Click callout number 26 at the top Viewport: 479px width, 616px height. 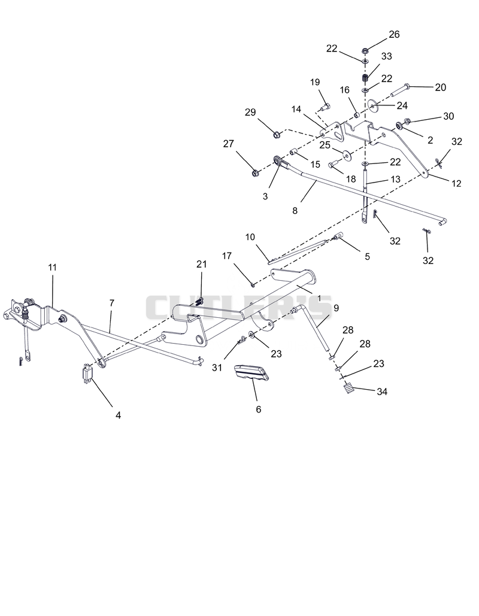pos(394,35)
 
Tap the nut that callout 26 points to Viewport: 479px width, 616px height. pos(365,51)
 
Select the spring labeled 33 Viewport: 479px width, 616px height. pos(365,77)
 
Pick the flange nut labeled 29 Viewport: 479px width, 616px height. pos(277,135)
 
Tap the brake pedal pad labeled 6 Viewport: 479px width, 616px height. pos(251,372)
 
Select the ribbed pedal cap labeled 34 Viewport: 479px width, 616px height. pos(348,389)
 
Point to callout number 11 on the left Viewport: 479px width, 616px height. pos(52,268)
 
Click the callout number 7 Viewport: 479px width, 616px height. pos(112,304)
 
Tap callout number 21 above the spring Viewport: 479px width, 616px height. pos(202,265)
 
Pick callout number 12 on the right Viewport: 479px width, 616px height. pos(456,183)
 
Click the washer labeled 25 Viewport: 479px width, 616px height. pos(347,155)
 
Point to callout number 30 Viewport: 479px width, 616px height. pos(448,116)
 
